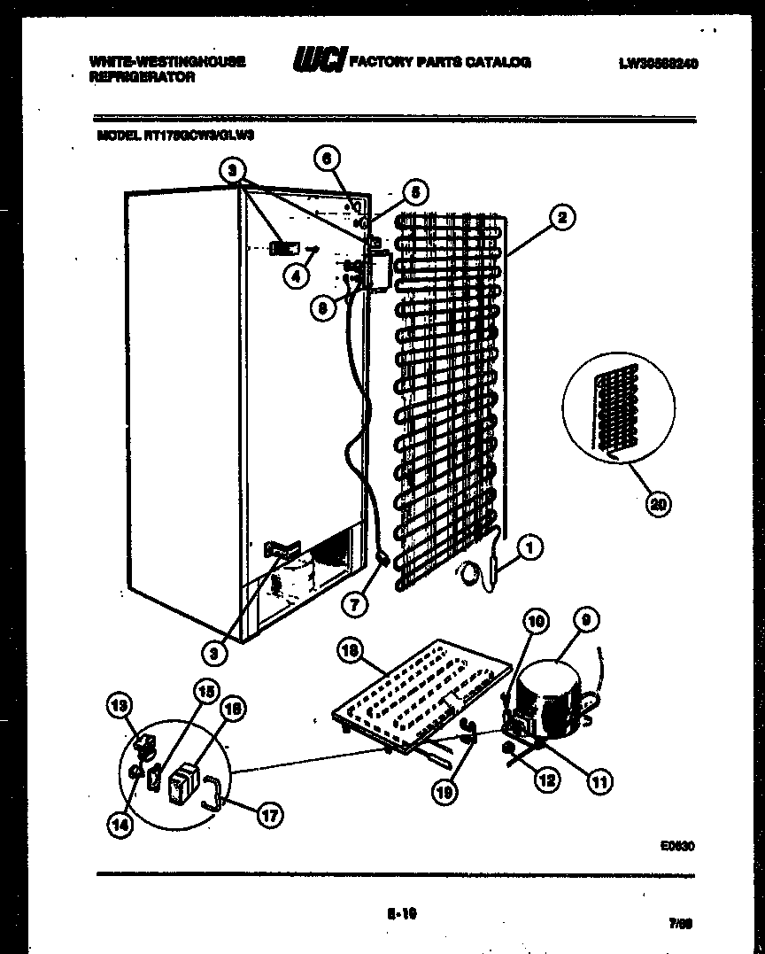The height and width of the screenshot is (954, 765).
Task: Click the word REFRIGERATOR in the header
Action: click(x=143, y=78)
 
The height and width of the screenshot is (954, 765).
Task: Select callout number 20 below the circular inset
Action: click(x=657, y=504)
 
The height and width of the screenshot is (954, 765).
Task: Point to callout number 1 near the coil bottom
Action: click(x=528, y=549)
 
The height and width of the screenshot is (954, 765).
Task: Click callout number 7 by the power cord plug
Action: click(x=355, y=604)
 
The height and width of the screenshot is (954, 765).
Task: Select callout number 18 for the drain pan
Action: click(x=352, y=651)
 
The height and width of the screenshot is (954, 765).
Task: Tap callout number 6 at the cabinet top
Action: click(x=326, y=159)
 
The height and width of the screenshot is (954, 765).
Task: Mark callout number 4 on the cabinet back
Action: click(x=297, y=275)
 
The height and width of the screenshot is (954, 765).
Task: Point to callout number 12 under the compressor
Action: click(x=547, y=779)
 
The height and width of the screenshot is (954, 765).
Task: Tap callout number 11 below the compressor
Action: click(x=600, y=780)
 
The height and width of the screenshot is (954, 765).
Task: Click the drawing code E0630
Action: click(x=676, y=846)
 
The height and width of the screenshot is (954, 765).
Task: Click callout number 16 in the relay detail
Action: click(x=234, y=708)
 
